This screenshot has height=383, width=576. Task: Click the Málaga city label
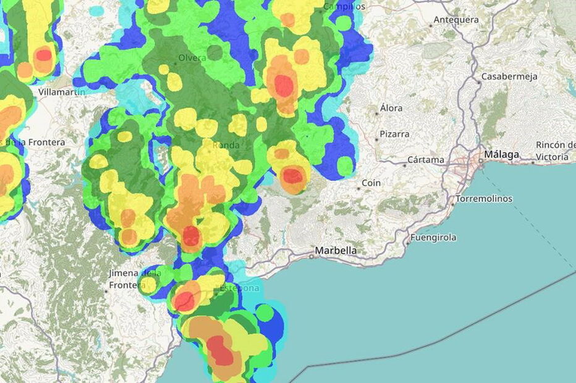pos(502,154)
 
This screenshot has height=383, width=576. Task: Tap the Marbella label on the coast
pos(336,251)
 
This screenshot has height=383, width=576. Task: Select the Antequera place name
pos(456,20)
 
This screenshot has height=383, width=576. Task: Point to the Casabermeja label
pos(510,76)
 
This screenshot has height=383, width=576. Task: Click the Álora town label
pos(391,108)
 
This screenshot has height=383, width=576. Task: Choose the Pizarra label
pos(394,133)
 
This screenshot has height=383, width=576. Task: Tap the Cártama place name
pos(425,160)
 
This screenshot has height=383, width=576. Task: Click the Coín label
pos(371,183)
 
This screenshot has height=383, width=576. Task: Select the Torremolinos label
pos(484,199)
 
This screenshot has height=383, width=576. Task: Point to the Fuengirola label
pos(433,237)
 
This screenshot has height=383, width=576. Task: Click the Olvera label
pos(192,59)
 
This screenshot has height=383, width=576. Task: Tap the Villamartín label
pos(62,91)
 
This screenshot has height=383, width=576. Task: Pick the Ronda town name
pos(226,145)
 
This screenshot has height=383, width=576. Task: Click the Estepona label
pos(239,287)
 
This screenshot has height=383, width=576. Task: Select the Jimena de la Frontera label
pos(134,279)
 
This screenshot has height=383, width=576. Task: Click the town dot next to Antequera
pos(431,25)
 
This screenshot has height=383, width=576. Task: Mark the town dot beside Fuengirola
pos(408,242)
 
